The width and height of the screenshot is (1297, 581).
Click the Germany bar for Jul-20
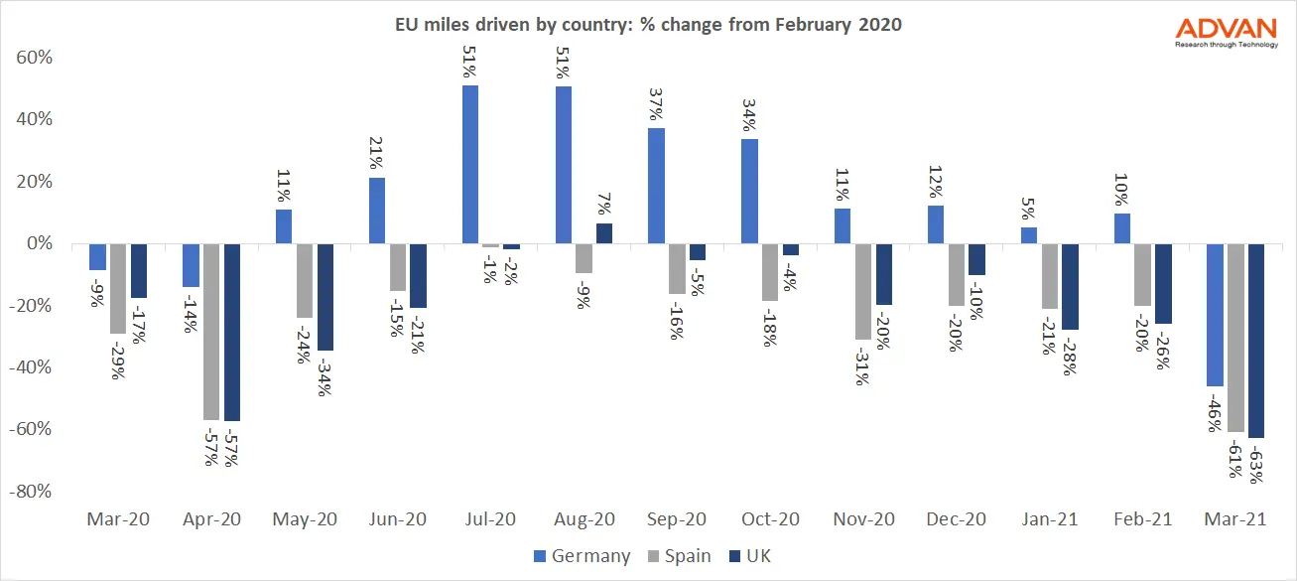[470, 165]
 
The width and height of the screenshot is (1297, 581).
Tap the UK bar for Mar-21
[1255, 341]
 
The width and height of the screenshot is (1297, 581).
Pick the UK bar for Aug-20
[603, 233]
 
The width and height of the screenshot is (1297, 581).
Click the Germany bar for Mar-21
[1215, 315]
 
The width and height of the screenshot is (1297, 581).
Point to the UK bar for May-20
[324, 297]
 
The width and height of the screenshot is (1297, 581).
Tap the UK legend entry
[750, 556]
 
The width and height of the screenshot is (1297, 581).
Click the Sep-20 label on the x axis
[676, 519]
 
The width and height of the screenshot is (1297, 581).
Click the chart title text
[647, 25]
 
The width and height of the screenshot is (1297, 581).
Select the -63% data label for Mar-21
[1255, 462]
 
